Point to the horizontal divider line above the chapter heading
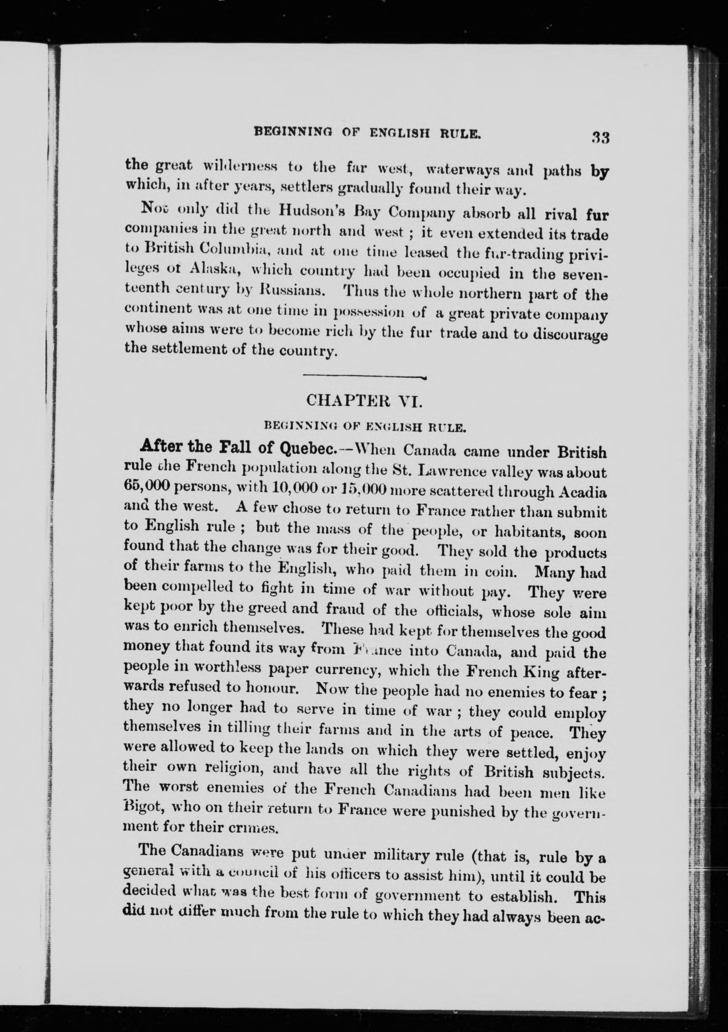(365, 377)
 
